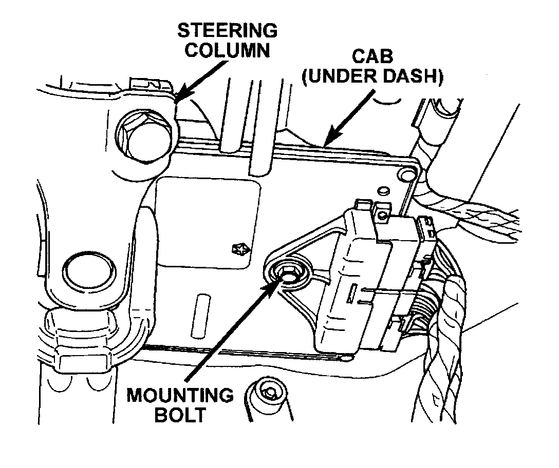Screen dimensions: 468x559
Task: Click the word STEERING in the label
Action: (x=227, y=30)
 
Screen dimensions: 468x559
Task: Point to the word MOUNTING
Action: (x=180, y=396)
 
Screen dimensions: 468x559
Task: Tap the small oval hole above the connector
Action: (x=383, y=191)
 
